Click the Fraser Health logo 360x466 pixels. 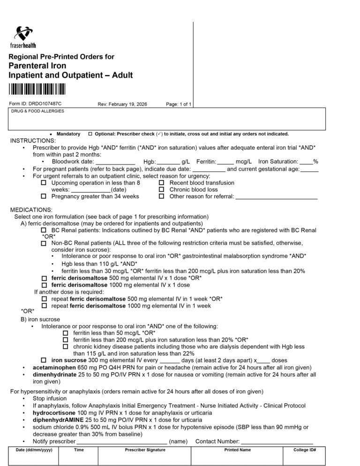pos(23,37)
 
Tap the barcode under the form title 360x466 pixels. pos(37,89)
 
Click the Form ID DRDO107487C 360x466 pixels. pos(35,104)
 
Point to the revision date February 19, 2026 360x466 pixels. pos(122,104)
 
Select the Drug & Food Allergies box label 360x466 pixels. pos(37,111)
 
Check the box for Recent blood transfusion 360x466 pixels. pos(161,183)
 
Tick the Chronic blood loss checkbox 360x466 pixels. pos(161,190)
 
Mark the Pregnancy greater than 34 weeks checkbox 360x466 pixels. pos(44,196)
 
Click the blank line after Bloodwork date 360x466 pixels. pos(115,162)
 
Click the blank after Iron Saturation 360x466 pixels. pos(307,162)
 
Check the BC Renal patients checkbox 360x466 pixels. pos(44,231)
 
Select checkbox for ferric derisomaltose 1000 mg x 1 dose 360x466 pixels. pos(44,285)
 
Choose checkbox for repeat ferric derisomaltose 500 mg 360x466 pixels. pos(44,299)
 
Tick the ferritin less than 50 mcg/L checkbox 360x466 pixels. pos(66,333)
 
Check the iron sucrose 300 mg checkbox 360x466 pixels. pos(44,361)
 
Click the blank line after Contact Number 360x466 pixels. pos(277,441)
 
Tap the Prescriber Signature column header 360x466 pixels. pos(145,450)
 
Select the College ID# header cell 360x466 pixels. pos(305,450)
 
